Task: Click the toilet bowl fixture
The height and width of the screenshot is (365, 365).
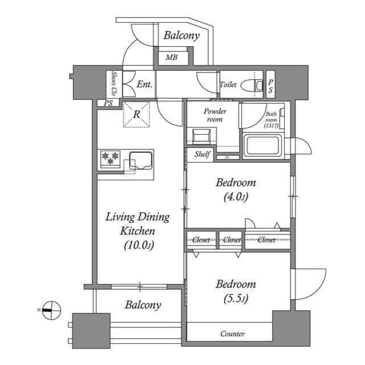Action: [x=252, y=86]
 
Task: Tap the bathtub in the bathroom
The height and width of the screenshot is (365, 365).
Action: [x=263, y=146]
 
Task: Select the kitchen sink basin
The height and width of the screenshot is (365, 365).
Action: [x=141, y=161]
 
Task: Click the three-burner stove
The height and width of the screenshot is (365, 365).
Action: [x=110, y=159]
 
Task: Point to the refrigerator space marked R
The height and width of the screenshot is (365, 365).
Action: [x=136, y=114]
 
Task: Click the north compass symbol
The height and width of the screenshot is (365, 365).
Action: [x=51, y=310]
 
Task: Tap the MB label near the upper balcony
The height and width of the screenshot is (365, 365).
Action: [x=172, y=57]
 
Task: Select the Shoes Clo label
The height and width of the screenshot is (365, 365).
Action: [x=113, y=84]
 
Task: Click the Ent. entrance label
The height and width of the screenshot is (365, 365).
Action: [x=144, y=84]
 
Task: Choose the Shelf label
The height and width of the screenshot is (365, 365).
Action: [x=202, y=154]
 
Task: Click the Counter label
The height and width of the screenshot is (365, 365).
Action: [x=232, y=334]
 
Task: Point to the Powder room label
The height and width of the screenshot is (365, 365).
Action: [x=214, y=115]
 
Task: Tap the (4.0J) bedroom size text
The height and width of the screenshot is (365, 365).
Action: [x=236, y=197]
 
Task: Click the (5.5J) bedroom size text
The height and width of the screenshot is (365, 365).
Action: [x=236, y=299]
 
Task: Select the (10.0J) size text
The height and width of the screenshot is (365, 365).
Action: [x=139, y=245]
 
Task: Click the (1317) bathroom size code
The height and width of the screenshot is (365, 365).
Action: [x=271, y=125]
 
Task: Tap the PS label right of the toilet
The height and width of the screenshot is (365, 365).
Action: [x=270, y=86]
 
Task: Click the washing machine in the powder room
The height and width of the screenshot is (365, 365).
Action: [x=201, y=136]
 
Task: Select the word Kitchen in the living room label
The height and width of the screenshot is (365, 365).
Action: [x=137, y=231]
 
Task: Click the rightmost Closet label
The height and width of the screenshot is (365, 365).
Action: [x=266, y=240]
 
